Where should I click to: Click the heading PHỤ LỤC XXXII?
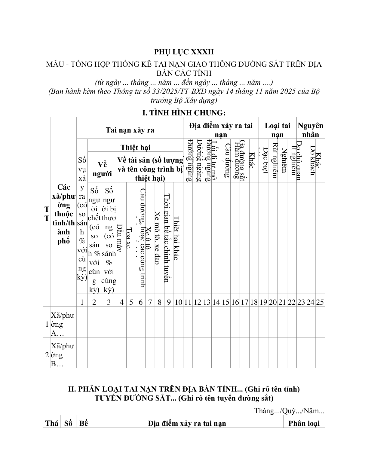pyautogui.click(x=184, y=52)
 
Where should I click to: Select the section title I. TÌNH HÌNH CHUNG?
pyautogui.click(x=184, y=113)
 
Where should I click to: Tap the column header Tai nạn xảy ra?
pyautogui.click(x=130, y=130)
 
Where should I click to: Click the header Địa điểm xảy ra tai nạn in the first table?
pyautogui.click(x=221, y=130)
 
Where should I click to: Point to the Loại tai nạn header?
pyautogui.click(x=278, y=130)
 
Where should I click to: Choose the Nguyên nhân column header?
pyautogui.click(x=311, y=130)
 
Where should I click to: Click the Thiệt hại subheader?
pyautogui.click(x=135, y=147)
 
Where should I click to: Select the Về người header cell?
pyautogui.click(x=102, y=169)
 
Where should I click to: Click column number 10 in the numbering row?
pyautogui.click(x=178, y=302)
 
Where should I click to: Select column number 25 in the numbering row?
pyautogui.click(x=320, y=302)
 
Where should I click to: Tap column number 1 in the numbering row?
pyautogui.click(x=82, y=302)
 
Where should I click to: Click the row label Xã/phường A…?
pyautogui.click(x=63, y=324)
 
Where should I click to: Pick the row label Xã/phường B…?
pyautogui.click(x=63, y=355)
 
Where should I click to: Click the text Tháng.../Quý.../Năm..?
pyautogui.click(x=289, y=410)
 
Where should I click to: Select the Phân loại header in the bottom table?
pyautogui.click(x=304, y=423)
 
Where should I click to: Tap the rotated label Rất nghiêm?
pyautogui.click(x=274, y=160)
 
